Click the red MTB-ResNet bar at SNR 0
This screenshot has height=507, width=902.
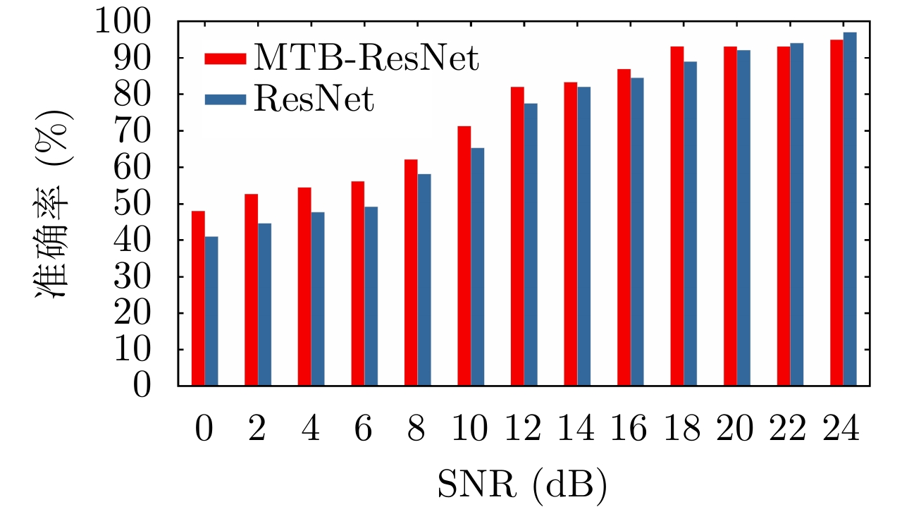198,298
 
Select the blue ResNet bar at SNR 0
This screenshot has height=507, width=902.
211,311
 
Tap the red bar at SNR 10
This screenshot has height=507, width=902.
464,255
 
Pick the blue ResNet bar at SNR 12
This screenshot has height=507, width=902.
531,244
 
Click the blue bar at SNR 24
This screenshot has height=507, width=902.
850,209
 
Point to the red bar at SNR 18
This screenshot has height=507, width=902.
677,216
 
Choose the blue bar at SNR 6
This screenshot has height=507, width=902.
371,296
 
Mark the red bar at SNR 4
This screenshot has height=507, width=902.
304,286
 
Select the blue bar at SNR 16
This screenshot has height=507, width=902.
637,231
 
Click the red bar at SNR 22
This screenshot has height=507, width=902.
784,216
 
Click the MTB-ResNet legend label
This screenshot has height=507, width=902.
366,58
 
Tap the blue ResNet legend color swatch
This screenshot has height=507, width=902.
225,99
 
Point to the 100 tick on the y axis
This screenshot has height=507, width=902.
138,23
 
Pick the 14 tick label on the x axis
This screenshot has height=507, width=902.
576,429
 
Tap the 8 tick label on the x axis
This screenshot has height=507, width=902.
416,429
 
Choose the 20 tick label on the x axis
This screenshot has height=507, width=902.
736,429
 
